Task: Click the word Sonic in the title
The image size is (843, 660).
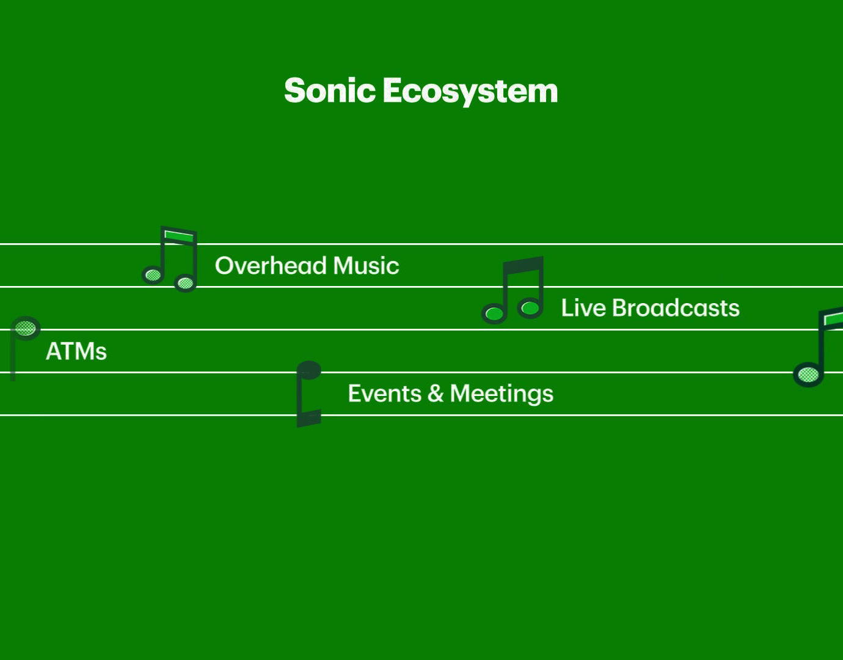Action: tap(330, 90)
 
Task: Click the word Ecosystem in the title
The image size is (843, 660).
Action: tap(470, 90)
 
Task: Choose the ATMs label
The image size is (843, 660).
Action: tap(76, 351)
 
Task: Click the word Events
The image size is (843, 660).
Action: tap(385, 394)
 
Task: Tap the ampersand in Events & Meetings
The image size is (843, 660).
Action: tap(436, 394)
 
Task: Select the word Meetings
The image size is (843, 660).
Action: tap(502, 394)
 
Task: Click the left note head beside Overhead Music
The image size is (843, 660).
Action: tap(153, 275)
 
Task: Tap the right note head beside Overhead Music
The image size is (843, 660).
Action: tap(184, 282)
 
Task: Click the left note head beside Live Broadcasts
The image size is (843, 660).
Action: tap(494, 314)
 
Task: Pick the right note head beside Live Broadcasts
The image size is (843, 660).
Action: tap(530, 308)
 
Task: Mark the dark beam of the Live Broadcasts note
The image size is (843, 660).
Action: tap(524, 265)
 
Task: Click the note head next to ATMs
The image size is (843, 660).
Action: tap(26, 328)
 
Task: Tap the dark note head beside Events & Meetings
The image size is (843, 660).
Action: tap(309, 370)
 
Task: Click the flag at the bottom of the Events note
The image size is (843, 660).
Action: tap(309, 419)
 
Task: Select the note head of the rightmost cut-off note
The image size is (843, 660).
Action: tap(808, 374)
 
